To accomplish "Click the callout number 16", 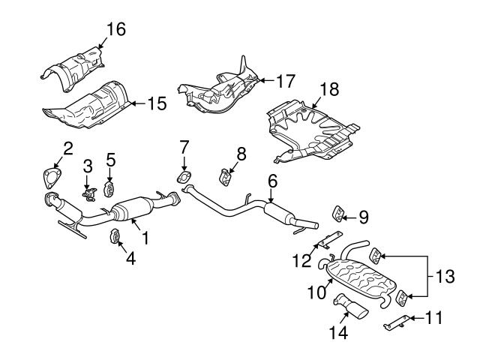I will coord(115,29).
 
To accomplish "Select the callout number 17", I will coord(286,79).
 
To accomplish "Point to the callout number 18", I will coord(329,89).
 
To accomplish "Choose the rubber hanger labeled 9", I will coord(338,214).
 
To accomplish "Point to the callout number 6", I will coord(271,181).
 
